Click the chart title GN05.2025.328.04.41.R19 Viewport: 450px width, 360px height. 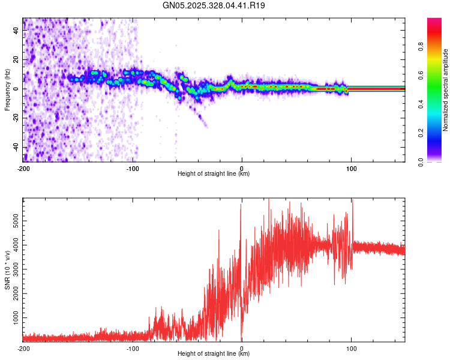point(214,6)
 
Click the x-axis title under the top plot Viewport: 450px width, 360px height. point(214,174)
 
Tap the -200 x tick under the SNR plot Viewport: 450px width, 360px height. point(23,348)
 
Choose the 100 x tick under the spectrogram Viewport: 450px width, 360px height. point(352,168)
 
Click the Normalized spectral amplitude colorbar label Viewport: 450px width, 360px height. point(446,90)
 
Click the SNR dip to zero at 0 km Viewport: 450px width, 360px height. point(242,338)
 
